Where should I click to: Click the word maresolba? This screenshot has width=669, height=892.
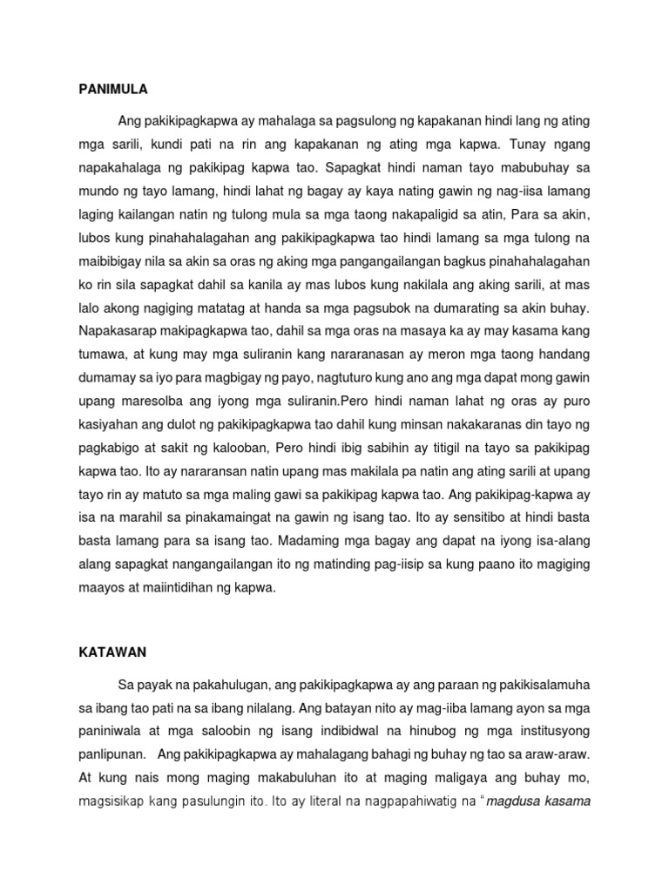[145, 402]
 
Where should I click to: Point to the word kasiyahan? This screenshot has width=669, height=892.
[106, 425]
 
